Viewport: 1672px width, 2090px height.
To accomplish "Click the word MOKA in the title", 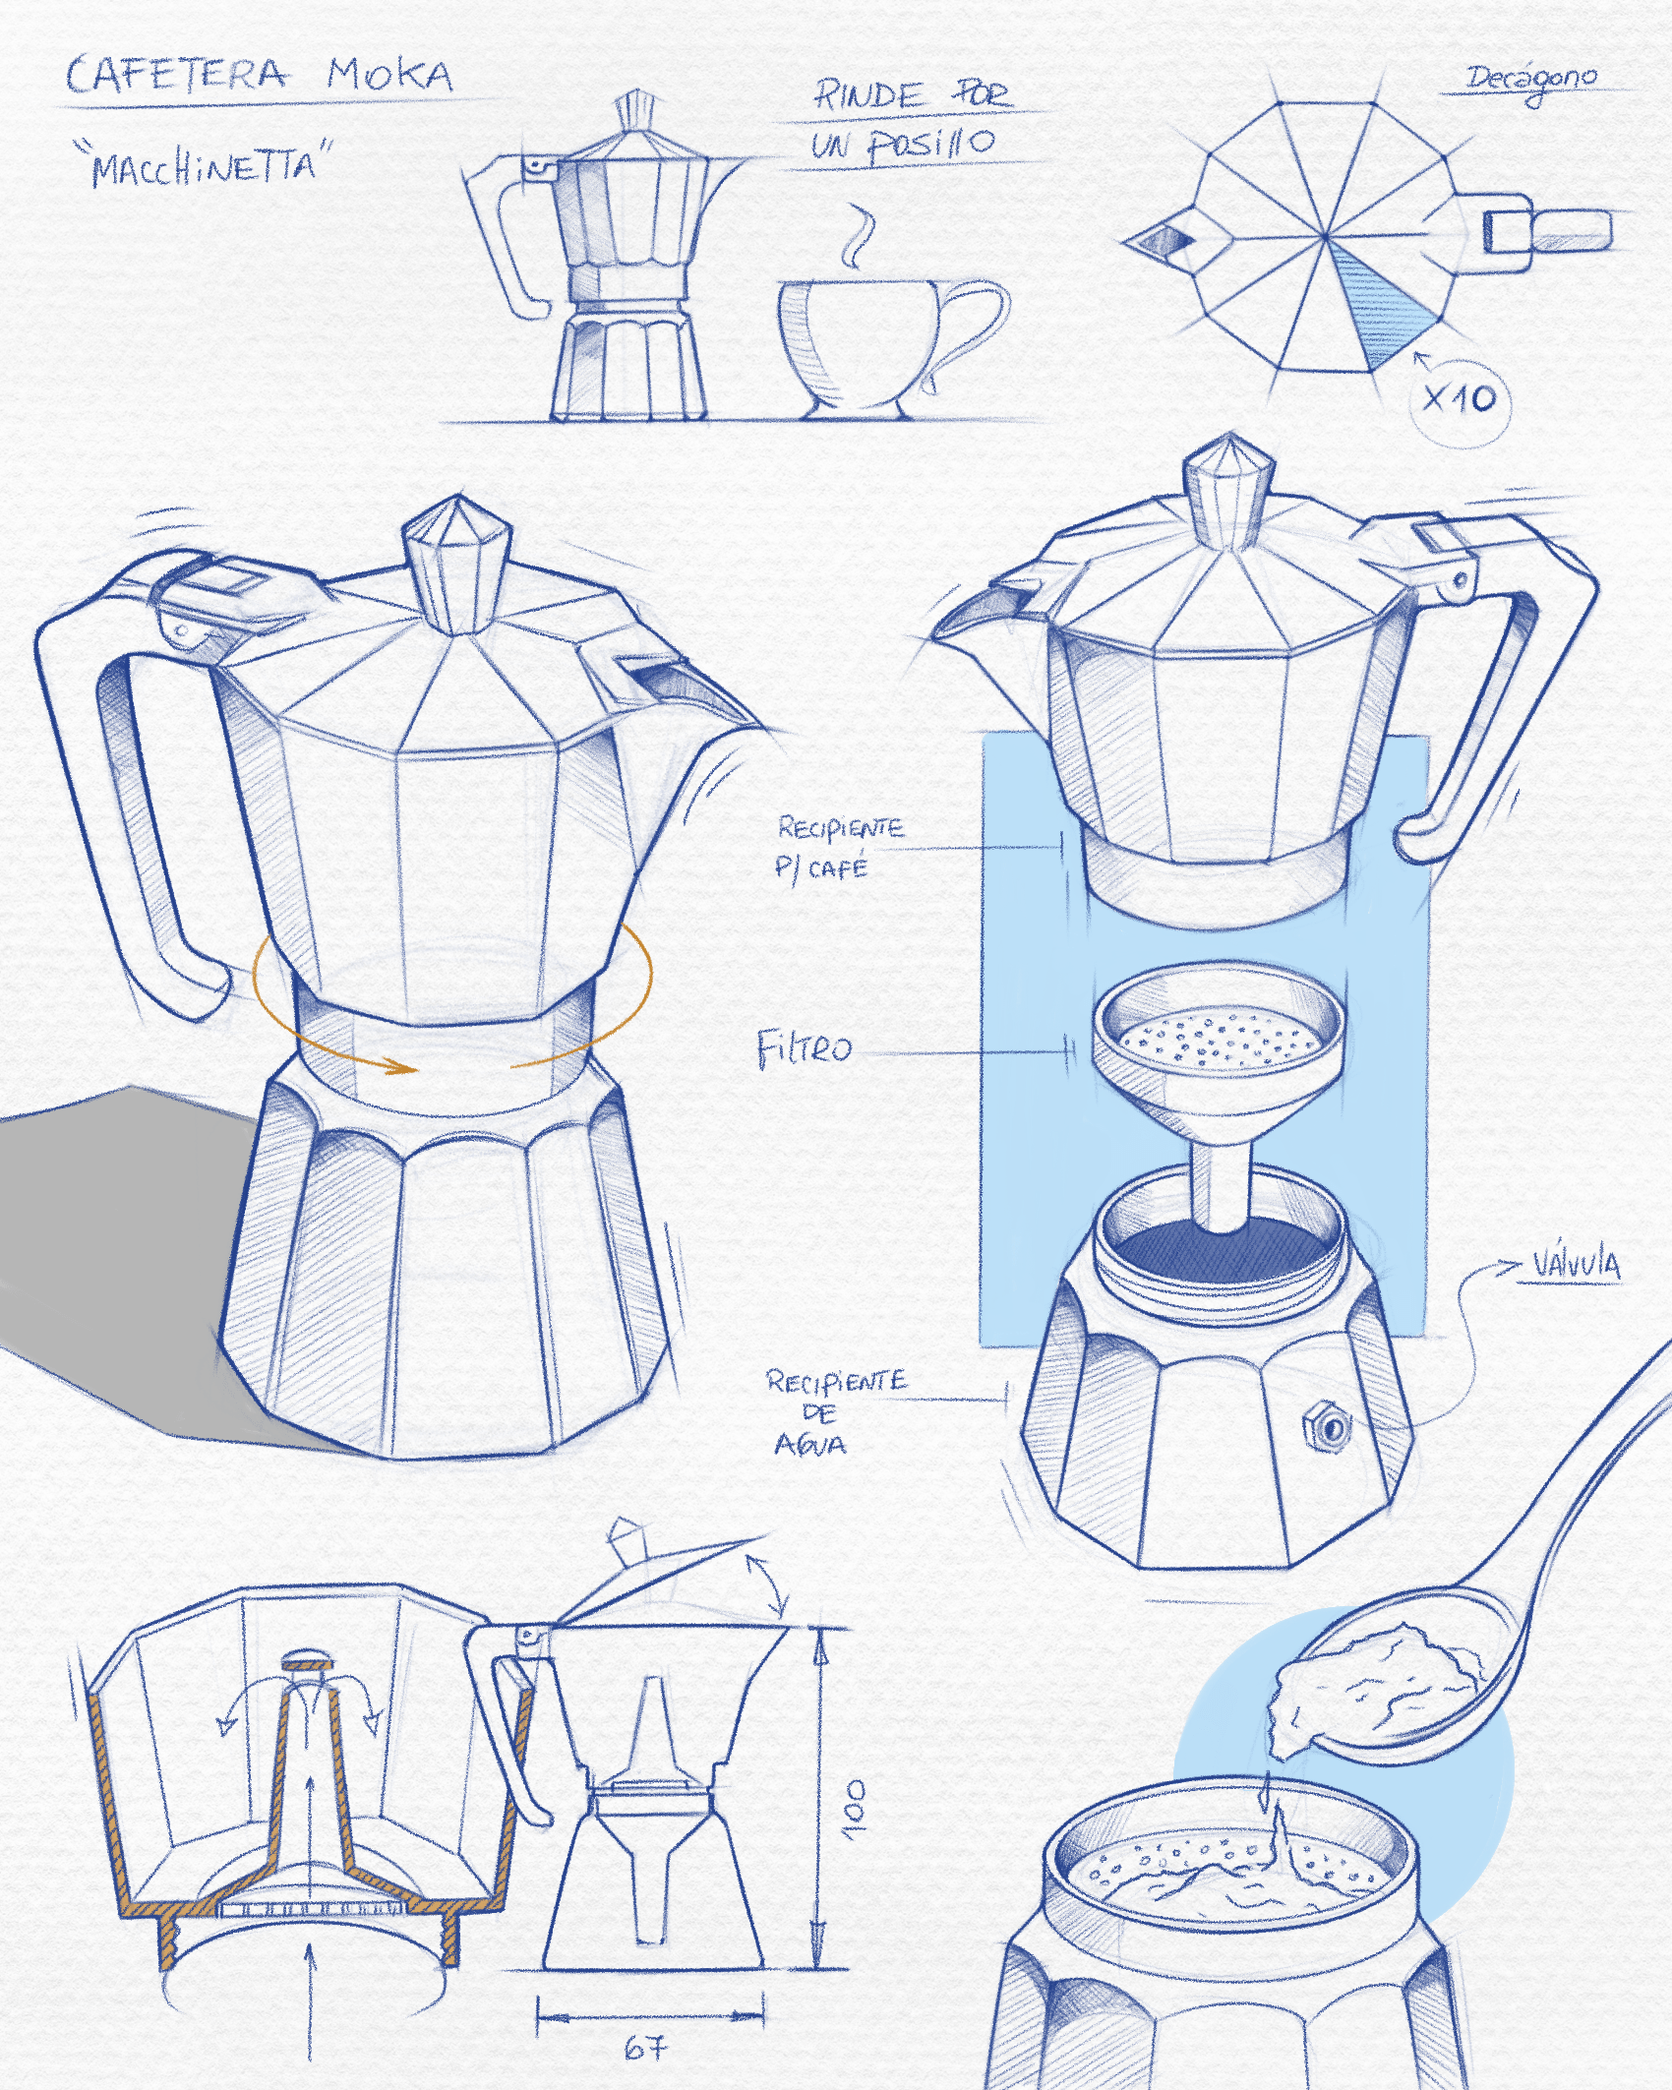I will (x=389, y=77).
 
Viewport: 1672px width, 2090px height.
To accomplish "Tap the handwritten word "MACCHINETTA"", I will (x=204, y=166).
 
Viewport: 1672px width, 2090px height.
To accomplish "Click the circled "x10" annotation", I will (x=1459, y=399).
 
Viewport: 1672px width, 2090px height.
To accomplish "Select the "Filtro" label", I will (x=804, y=1047).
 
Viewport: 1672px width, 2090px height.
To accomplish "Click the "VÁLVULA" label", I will (x=1576, y=1264).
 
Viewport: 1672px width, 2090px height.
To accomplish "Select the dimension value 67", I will (x=646, y=2048).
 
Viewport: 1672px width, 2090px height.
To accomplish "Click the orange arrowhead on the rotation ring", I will (x=401, y=1066).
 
